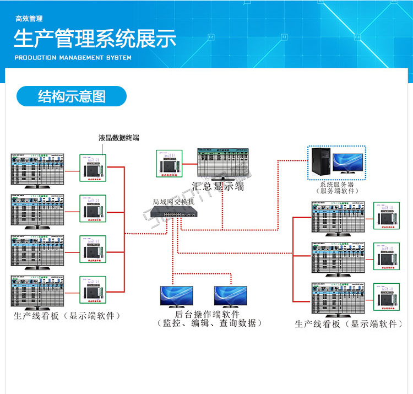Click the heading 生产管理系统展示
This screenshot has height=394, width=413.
click(95, 40)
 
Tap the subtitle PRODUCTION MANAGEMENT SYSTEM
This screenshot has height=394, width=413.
click(73, 57)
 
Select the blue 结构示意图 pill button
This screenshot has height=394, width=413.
click(72, 96)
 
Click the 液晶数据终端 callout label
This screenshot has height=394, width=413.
click(119, 138)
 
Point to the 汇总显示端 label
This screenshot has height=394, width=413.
click(218, 186)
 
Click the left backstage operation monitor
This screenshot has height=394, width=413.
click(176, 296)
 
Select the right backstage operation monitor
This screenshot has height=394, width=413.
click(231, 296)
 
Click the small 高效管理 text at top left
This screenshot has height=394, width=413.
click(29, 19)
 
